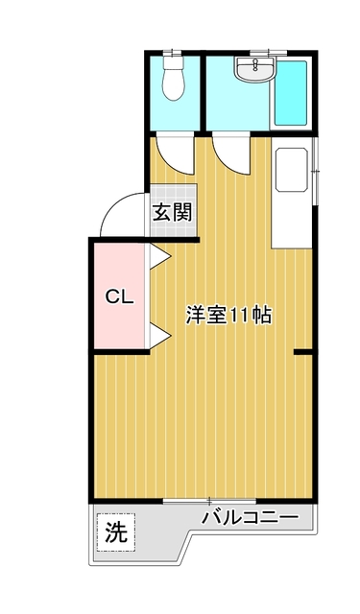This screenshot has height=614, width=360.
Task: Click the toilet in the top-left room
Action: (174, 78)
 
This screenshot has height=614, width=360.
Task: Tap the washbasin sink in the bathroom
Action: (255, 69)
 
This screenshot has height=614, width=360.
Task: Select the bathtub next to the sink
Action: (290, 93)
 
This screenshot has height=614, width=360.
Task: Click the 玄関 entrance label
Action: (173, 213)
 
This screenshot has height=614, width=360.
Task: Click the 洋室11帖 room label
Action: (228, 315)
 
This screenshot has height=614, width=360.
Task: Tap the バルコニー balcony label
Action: (250, 518)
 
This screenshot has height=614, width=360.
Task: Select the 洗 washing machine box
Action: (116, 532)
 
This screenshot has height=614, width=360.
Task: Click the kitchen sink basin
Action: (292, 170)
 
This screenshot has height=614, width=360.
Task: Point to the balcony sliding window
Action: (209, 501)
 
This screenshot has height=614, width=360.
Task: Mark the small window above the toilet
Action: (173, 52)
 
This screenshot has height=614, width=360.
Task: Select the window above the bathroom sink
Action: (269, 52)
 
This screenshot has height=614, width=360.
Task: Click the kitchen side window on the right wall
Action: (315, 171)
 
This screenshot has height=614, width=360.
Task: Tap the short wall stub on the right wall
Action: (302, 353)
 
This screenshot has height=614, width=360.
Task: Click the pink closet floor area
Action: (119, 295)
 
